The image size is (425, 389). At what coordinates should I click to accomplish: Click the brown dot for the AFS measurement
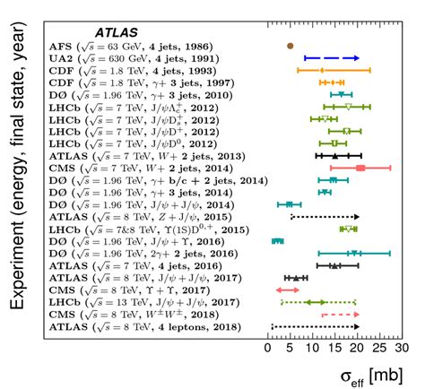coord(290,44)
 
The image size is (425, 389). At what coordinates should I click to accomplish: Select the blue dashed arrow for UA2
coord(332,56)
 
